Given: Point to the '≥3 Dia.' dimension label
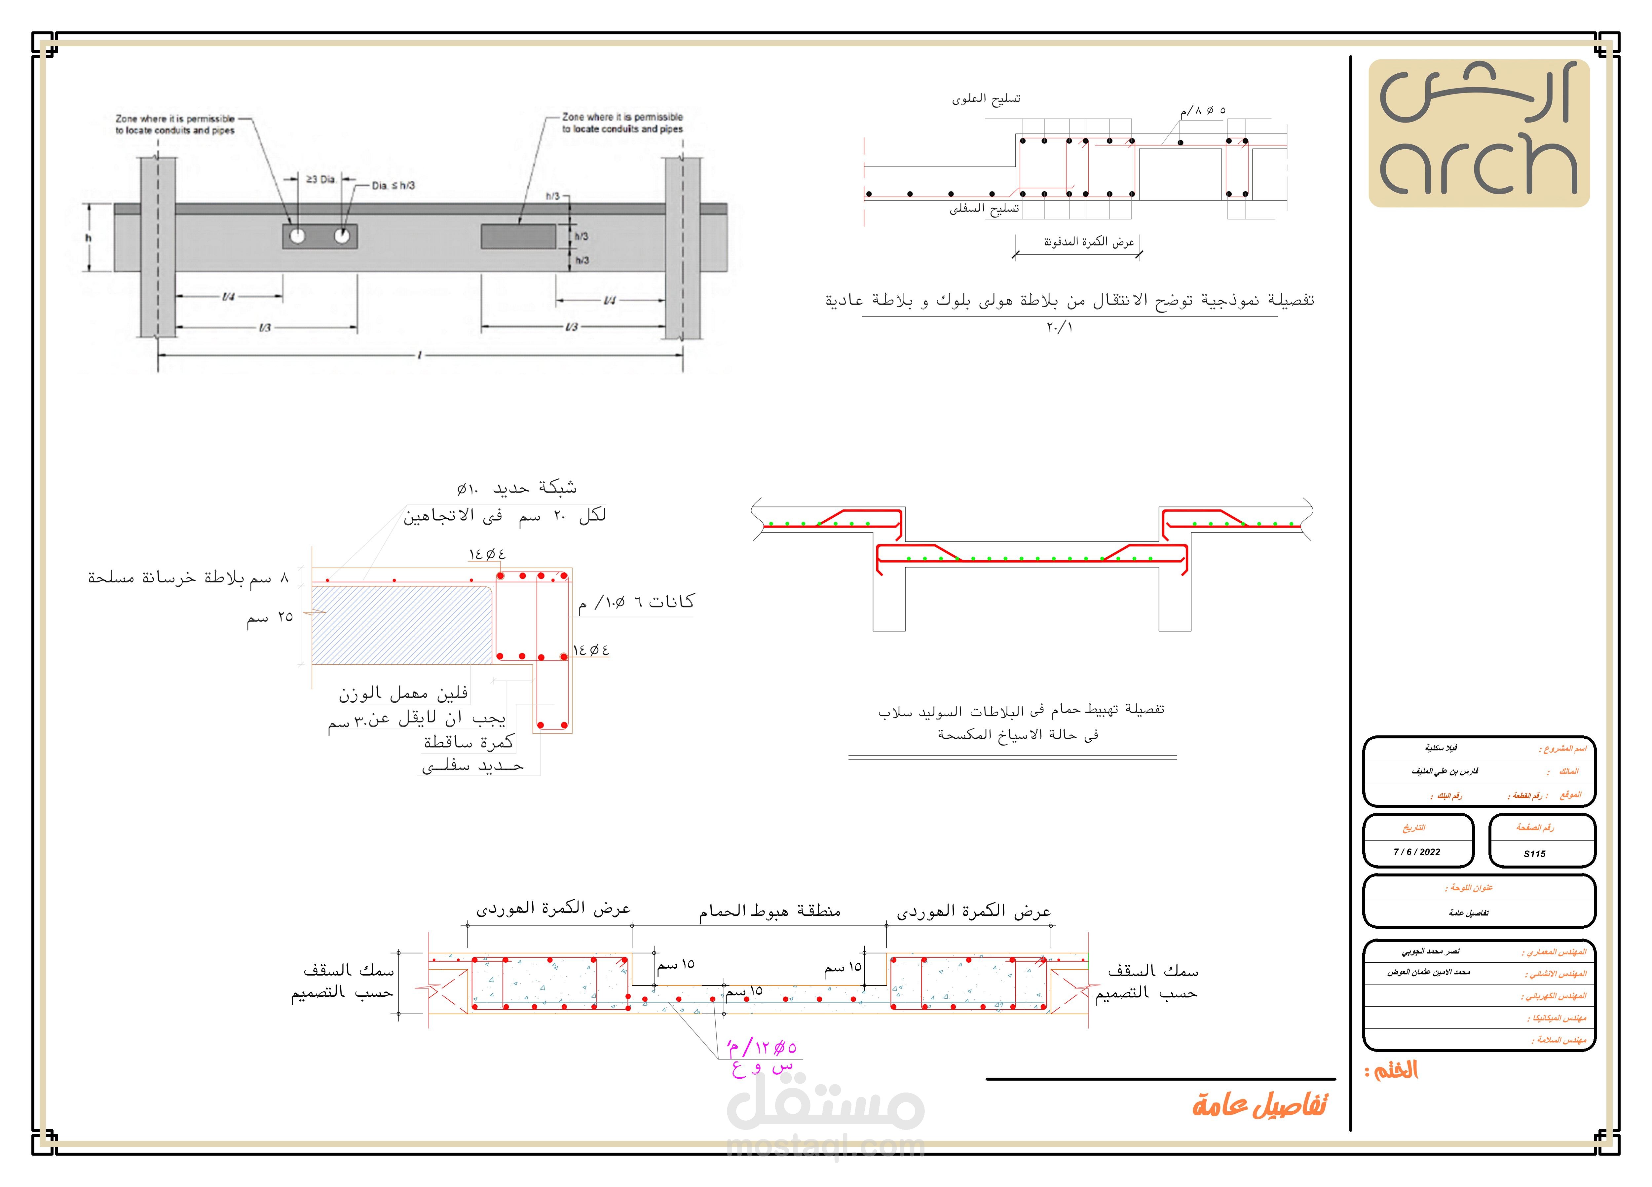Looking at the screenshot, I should pos(320,179).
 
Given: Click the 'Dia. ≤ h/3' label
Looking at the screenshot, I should pos(393,186).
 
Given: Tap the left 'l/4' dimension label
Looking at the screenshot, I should pos(228,296).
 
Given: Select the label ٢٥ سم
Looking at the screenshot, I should pos(270,617).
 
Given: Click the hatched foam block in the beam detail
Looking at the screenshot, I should pos(401,625).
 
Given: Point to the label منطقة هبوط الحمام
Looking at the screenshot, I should pos(770,910).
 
